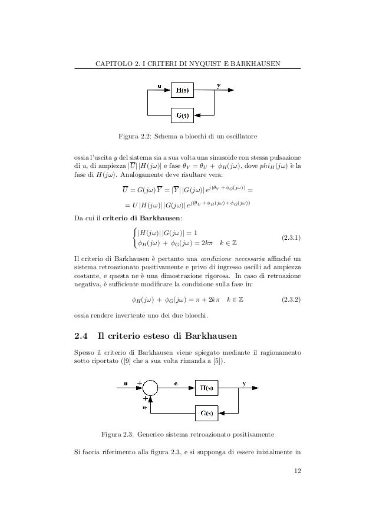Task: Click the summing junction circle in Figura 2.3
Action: (x=150, y=387)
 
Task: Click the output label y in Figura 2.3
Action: (x=244, y=382)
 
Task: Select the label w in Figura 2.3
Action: (x=144, y=405)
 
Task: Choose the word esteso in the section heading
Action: (x=154, y=337)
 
